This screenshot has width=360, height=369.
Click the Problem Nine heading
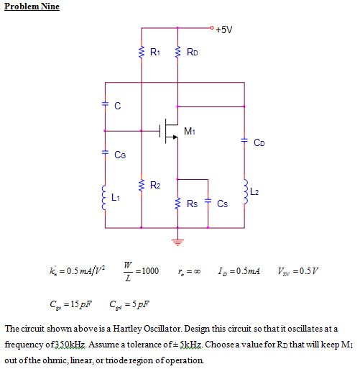click(32, 6)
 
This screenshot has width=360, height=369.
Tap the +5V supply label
click(223, 29)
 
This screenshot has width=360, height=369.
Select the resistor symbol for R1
click(142, 52)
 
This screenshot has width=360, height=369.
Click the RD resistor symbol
click(177, 52)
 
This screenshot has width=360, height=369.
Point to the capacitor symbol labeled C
click(105, 104)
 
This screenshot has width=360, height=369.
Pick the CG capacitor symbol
click(105, 152)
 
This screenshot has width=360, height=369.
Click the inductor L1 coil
click(104, 198)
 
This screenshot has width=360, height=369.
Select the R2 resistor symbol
click(142, 186)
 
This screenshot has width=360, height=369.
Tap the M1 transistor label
click(190, 131)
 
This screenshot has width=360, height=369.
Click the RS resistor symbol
click(177, 204)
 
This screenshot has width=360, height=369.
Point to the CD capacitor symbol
click(244, 140)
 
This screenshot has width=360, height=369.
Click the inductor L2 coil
click(246, 192)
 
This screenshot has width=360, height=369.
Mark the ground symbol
click(177, 242)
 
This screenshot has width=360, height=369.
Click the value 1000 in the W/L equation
click(150, 271)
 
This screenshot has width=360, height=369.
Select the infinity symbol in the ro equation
click(197, 272)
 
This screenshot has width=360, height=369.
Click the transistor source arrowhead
click(175, 137)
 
